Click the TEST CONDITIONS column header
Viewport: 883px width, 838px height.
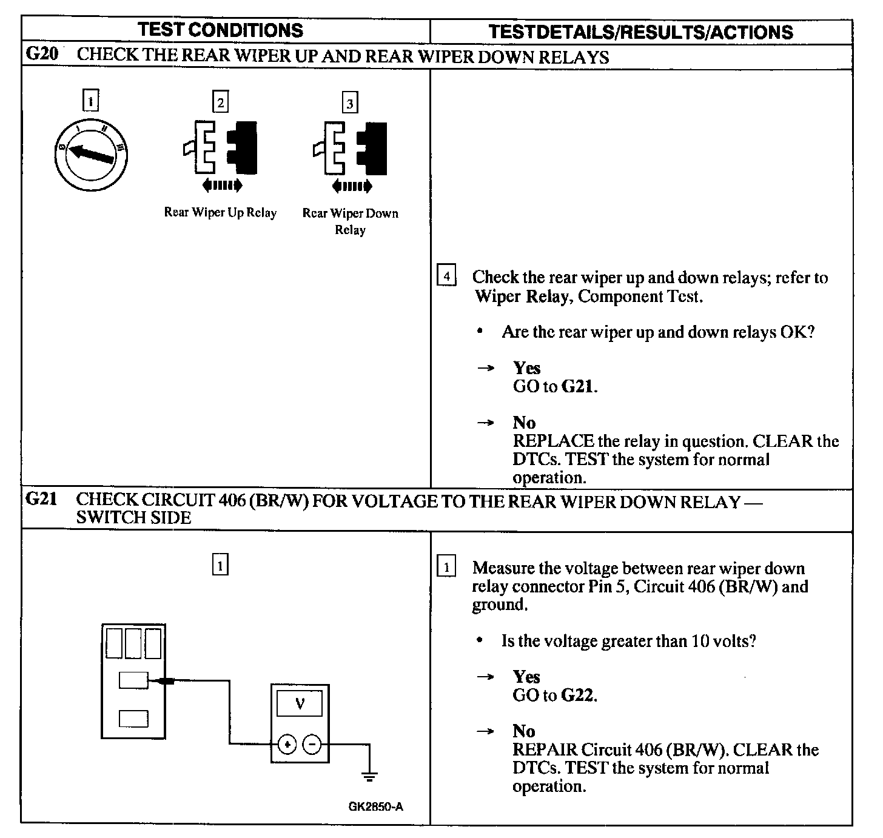[x=220, y=30]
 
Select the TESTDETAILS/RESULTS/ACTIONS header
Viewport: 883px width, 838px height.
[x=640, y=32]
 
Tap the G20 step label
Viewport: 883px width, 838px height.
[x=41, y=55]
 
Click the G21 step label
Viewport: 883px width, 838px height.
[x=41, y=501]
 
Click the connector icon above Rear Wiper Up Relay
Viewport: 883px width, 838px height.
[x=220, y=152]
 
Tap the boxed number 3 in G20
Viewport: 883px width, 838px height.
[x=350, y=103]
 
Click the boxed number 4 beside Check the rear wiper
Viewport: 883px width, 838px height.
[x=446, y=277]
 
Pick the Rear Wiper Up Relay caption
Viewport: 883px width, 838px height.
[x=220, y=213]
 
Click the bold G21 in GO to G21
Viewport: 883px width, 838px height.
[x=577, y=387]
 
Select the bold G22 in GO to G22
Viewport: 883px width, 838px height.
[x=577, y=696]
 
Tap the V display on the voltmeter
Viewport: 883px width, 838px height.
[x=300, y=704]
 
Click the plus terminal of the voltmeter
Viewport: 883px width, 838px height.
[x=287, y=744]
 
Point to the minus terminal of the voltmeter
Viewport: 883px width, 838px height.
[x=312, y=744]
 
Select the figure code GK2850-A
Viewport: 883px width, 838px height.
[x=376, y=807]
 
